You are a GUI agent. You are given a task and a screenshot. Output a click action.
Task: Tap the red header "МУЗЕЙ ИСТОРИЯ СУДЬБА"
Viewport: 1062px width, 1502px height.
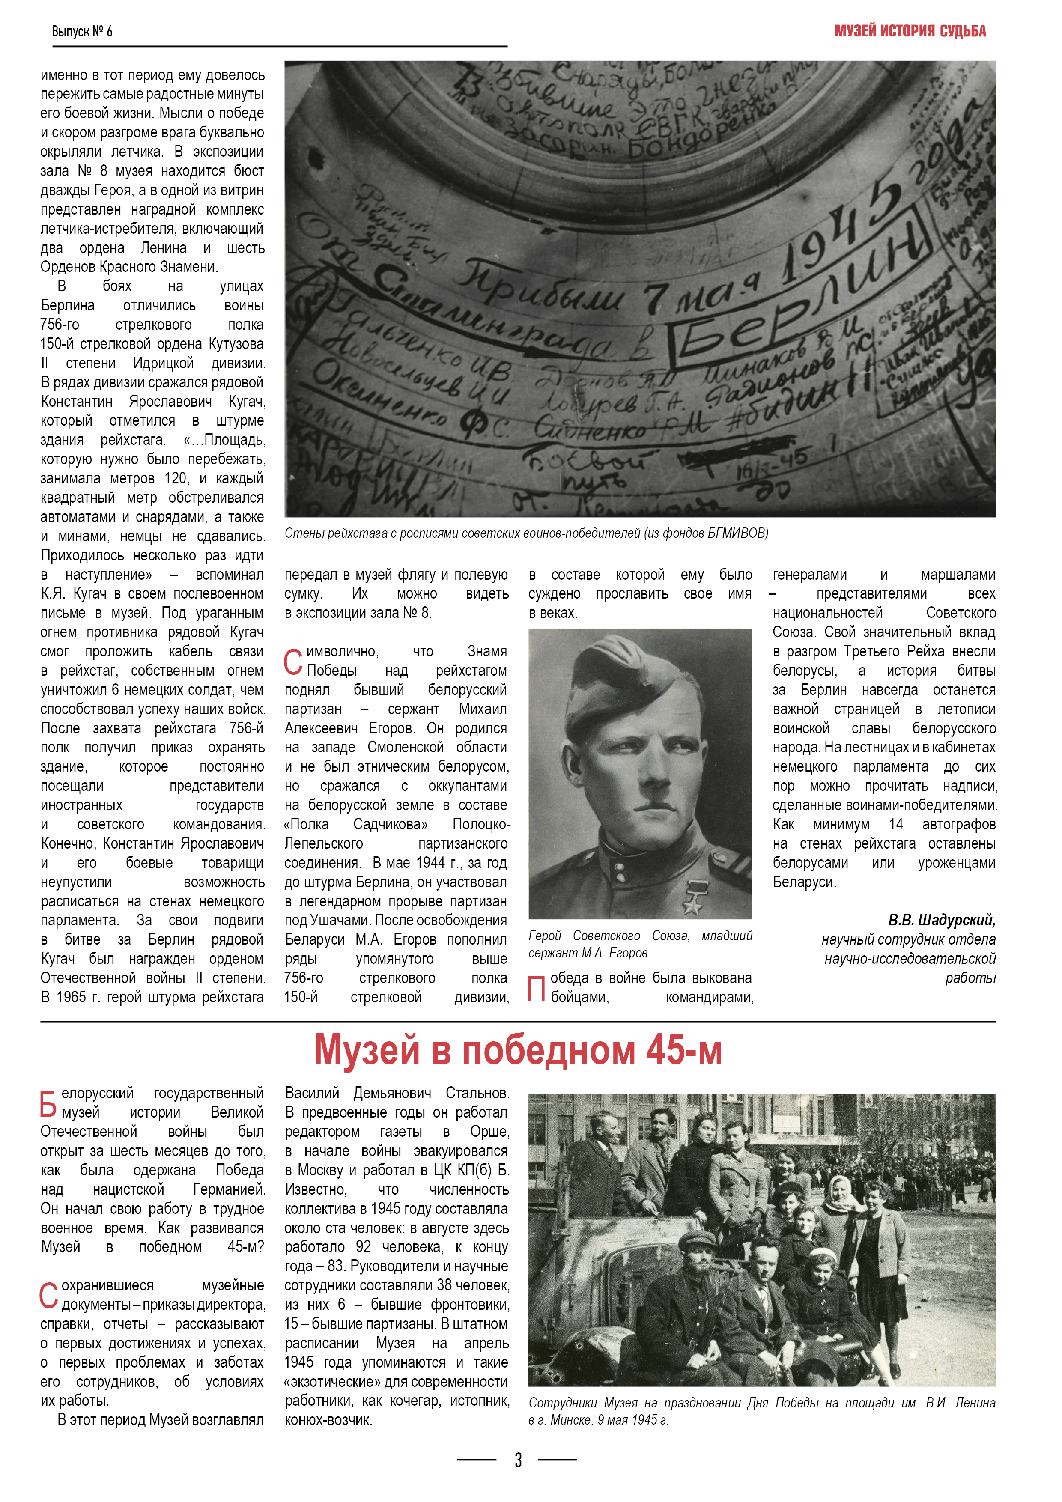click(910, 31)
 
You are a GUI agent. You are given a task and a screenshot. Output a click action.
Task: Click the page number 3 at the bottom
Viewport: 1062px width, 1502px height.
click(518, 1460)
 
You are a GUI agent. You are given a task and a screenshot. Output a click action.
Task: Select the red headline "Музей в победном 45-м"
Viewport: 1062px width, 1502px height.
click(518, 1051)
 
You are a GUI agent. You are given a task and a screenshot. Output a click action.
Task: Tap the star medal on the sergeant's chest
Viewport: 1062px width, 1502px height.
click(692, 896)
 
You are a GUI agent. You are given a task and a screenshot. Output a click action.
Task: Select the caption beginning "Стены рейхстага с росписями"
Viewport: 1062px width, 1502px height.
click(526, 533)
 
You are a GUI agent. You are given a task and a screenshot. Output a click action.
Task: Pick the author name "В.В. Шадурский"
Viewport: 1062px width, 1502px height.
click(942, 920)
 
